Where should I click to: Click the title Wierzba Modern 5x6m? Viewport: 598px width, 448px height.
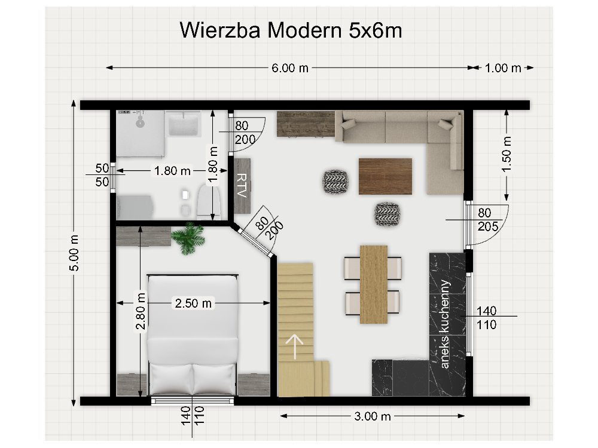[x=291, y=30]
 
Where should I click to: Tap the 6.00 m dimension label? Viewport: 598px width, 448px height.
[x=290, y=68]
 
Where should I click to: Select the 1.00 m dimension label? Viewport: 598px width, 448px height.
[x=503, y=68]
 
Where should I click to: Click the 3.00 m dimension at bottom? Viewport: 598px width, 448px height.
[x=373, y=416]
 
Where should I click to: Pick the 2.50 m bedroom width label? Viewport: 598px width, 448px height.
[x=193, y=303]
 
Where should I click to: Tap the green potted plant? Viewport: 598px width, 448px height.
[x=188, y=238]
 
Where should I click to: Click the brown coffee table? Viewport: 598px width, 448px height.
[x=385, y=176]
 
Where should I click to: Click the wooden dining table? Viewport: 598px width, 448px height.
[x=373, y=284]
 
